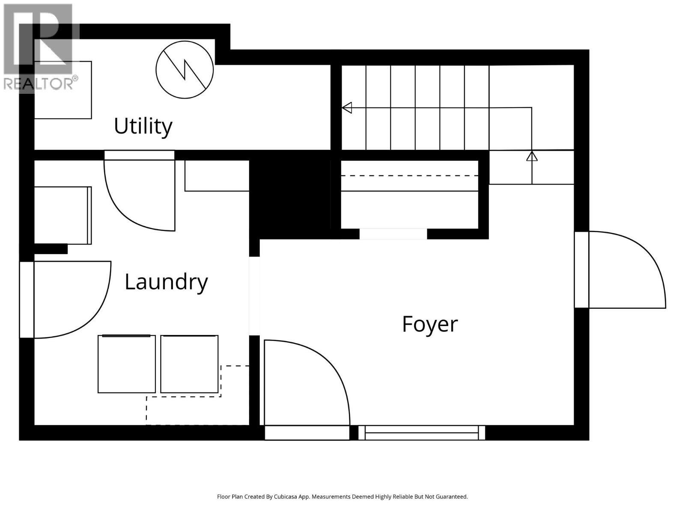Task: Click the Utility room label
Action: pyautogui.click(x=143, y=126)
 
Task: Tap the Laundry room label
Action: pyautogui.click(x=166, y=282)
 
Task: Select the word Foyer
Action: pyautogui.click(x=429, y=324)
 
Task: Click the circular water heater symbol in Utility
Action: pyautogui.click(x=185, y=69)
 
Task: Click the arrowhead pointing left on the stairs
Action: pyautogui.click(x=347, y=108)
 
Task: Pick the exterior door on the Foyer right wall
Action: pyautogui.click(x=625, y=270)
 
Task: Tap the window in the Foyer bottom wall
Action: pyautogui.click(x=422, y=433)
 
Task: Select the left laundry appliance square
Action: pyautogui.click(x=126, y=364)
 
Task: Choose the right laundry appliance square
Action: pyautogui.click(x=189, y=364)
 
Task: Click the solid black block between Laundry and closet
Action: pyautogui.click(x=290, y=195)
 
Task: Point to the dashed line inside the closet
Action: pyautogui.click(x=409, y=176)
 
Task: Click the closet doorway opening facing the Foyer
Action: pyautogui.click(x=393, y=234)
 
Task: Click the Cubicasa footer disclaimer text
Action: pyautogui.click(x=342, y=497)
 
